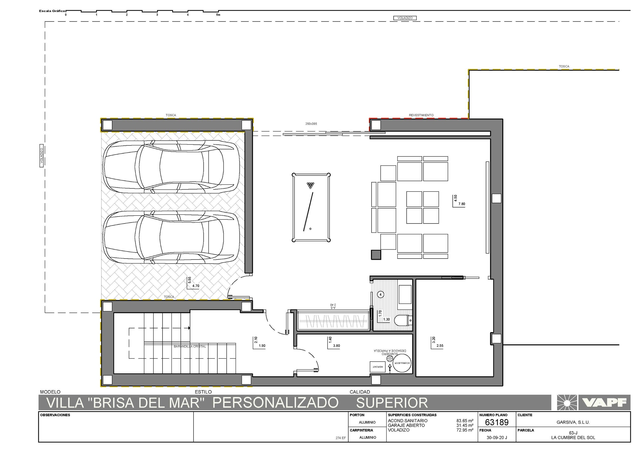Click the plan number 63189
pos(497,422)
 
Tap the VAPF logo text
pos(604,402)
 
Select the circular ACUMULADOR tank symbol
pos(402,363)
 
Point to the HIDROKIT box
pos(377,367)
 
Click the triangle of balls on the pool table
pos(310,185)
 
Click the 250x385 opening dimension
pos(311,124)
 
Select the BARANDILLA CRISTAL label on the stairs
pos(190,346)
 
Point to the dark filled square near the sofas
pos(376,255)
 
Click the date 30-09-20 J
pos(497,438)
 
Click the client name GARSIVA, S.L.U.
pos(573,422)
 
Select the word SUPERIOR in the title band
pos(392,403)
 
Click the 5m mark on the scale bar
pos(218,15)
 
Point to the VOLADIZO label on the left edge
pos(42,156)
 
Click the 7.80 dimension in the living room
pos(462,204)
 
